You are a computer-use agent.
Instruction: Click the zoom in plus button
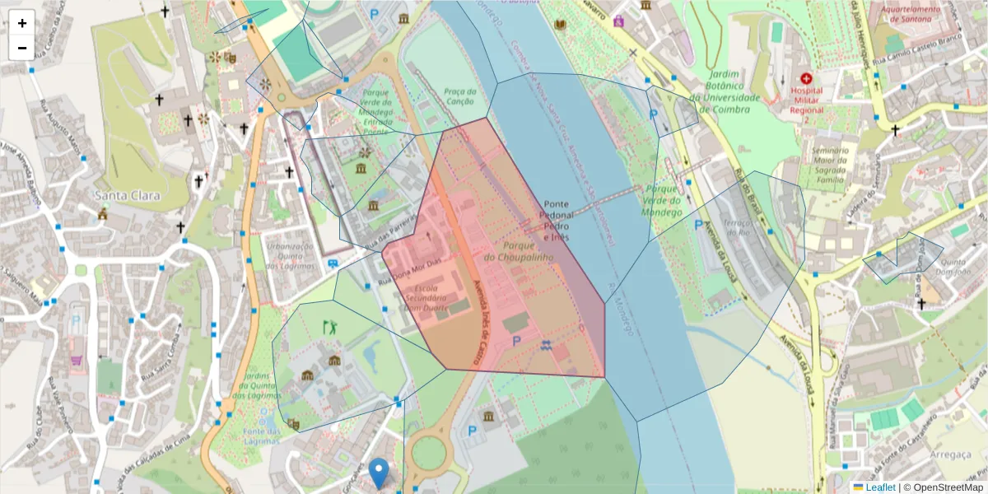pyautogui.click(x=22, y=23)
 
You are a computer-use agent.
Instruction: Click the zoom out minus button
pyautogui.click(x=22, y=48)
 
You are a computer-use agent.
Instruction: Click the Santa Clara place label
pyautogui.click(x=128, y=196)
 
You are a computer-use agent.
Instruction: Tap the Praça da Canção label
pyautogui.click(x=459, y=96)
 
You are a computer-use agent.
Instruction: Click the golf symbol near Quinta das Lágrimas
pyautogui.click(x=331, y=327)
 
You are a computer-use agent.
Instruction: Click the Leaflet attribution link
pyautogui.click(x=880, y=487)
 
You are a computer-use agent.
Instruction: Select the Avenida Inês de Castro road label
pyautogui.click(x=477, y=322)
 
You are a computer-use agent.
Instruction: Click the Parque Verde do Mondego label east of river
pyautogui.click(x=664, y=200)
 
